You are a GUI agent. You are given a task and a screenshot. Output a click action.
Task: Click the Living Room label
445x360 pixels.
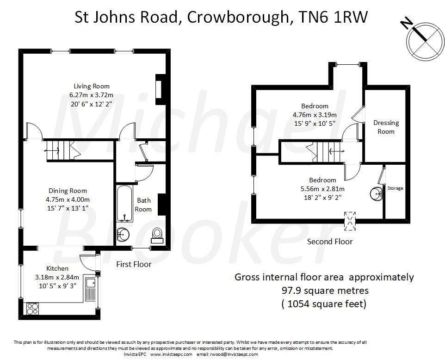(x=92, y=86)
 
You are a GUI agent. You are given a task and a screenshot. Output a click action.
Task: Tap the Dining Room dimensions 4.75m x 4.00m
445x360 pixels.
(x=68, y=199)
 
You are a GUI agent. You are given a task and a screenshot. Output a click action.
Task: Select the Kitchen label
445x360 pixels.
(x=57, y=268)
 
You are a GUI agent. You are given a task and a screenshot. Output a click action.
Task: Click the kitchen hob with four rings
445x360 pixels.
(x=32, y=308)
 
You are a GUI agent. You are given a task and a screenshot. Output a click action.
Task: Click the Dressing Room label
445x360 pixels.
(x=386, y=127)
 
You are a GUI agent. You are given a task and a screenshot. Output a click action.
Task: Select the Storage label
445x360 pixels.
(x=395, y=188)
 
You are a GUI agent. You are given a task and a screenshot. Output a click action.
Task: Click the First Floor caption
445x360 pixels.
(x=134, y=264)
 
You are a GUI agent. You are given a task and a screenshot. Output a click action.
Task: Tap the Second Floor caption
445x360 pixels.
(x=330, y=242)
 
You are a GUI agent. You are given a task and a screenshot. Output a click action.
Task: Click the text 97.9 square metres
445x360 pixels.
(x=324, y=291)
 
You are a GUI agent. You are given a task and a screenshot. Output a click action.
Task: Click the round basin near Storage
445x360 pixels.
(x=376, y=192)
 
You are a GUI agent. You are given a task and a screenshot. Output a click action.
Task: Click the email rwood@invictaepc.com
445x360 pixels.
(x=235, y=354)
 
